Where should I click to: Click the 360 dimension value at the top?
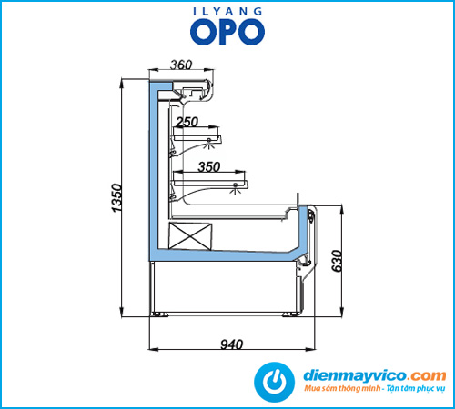(x=181, y=65)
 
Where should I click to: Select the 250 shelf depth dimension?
(x=187, y=122)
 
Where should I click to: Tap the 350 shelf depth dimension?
(x=209, y=166)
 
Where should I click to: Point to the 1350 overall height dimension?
(x=116, y=198)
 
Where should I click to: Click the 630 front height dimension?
(x=337, y=261)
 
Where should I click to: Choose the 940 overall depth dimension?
(x=232, y=344)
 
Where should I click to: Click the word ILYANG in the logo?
(x=227, y=12)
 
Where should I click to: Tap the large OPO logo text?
(x=227, y=32)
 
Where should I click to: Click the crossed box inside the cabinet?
(x=190, y=236)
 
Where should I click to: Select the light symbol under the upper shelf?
(x=208, y=143)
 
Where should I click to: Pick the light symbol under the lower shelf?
(x=236, y=188)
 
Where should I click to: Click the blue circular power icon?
(x=274, y=382)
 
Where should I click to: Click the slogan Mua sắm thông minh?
(x=342, y=388)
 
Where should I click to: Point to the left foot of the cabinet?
(x=160, y=314)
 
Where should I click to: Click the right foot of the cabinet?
(x=290, y=314)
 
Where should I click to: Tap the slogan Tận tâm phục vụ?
(x=416, y=388)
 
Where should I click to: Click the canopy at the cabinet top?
(x=191, y=90)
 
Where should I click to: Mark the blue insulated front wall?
(x=303, y=230)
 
